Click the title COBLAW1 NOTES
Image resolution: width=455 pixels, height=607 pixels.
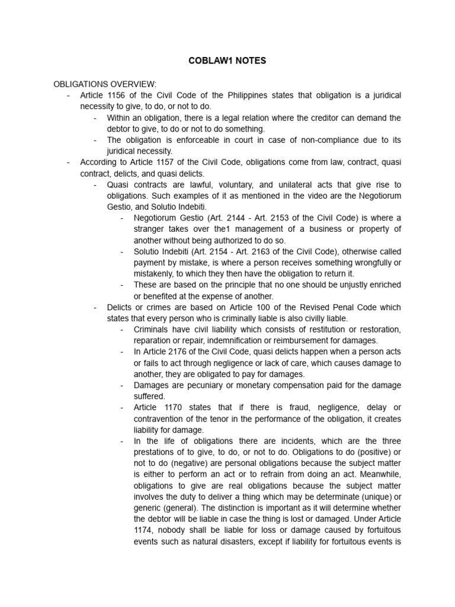[x=227, y=60]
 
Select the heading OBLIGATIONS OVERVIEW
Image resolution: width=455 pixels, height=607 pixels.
[x=105, y=84]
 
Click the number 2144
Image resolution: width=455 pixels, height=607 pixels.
[x=239, y=218]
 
